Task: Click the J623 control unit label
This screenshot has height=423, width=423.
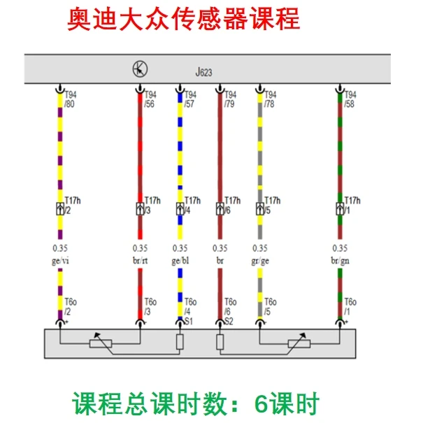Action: coord(204,72)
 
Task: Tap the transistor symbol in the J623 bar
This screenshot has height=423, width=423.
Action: coord(140,69)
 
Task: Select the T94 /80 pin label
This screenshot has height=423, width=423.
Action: coord(71,100)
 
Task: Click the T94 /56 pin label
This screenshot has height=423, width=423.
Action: coord(150,100)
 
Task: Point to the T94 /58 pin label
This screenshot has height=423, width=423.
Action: coord(351,100)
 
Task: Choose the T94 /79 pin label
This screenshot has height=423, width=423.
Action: coord(230,100)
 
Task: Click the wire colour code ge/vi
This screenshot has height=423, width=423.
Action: coord(62,260)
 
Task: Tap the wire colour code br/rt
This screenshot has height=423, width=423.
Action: coord(141,260)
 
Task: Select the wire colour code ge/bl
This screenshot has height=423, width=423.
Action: coord(180,260)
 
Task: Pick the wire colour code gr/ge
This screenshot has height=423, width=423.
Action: coord(260,260)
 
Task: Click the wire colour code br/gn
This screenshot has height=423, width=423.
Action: coord(340,260)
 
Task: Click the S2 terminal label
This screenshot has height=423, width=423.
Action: coord(229,321)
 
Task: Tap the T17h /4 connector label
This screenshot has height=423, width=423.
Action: coord(192,205)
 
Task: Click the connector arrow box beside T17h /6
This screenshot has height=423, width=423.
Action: coord(220,208)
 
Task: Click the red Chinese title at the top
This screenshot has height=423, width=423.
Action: coord(183,19)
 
